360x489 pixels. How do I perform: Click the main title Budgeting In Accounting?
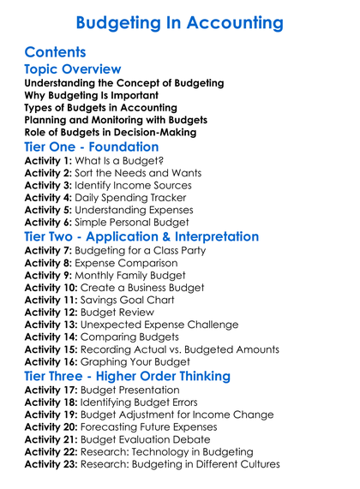[x=180, y=23]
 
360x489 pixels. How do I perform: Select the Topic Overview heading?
[x=73, y=69]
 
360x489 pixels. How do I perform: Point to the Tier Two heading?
[x=141, y=236]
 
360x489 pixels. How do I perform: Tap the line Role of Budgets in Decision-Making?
[x=111, y=132]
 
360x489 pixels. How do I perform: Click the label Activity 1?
[x=50, y=161]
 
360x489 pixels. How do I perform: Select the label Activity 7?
[x=50, y=252]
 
